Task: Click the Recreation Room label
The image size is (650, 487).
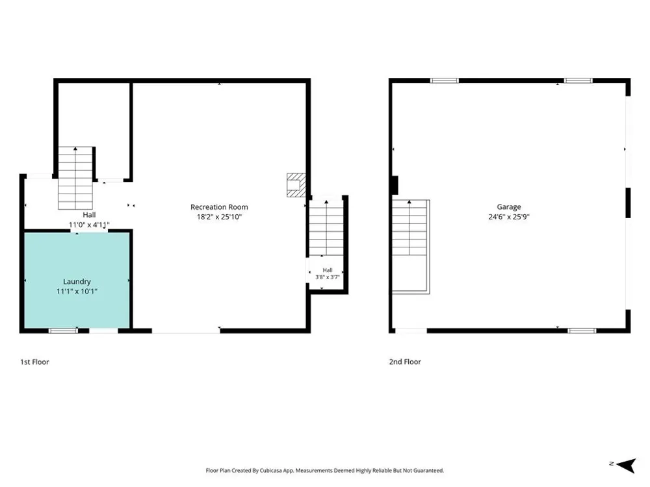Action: (x=219, y=207)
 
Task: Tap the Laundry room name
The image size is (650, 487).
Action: (x=77, y=282)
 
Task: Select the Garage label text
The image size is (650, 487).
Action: (x=509, y=207)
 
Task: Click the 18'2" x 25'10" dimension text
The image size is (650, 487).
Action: (x=219, y=217)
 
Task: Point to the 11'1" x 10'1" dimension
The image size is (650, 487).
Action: (x=77, y=292)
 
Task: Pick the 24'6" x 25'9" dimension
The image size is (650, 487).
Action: (x=509, y=217)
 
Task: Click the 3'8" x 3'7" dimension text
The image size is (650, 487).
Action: (x=328, y=277)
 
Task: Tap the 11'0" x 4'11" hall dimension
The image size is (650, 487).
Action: (x=89, y=225)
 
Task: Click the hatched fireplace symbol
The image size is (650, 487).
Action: (x=296, y=185)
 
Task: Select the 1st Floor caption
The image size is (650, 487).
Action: (x=34, y=362)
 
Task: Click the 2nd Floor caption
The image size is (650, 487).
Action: (x=405, y=362)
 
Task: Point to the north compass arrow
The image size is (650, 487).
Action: (x=627, y=466)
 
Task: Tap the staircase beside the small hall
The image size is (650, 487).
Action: (x=326, y=228)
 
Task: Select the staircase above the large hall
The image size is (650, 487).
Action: (x=75, y=178)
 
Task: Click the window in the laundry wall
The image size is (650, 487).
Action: (x=63, y=331)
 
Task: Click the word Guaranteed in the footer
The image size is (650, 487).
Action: (x=430, y=470)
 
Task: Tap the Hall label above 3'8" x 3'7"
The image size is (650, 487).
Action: (x=328, y=270)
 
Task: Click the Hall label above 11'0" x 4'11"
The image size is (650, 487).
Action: (x=89, y=215)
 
